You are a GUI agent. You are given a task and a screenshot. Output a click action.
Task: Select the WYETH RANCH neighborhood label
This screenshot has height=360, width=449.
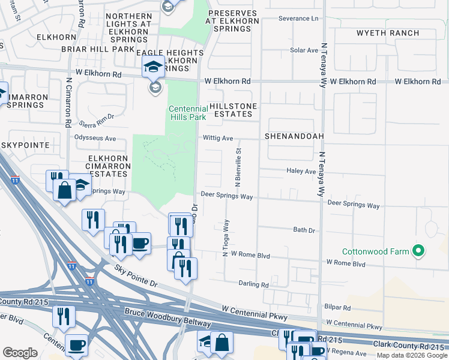pos(388,32)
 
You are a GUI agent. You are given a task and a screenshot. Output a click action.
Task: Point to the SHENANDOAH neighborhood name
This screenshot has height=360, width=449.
pos(294,136)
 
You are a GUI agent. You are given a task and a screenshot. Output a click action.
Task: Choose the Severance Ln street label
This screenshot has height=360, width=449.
pos(298,19)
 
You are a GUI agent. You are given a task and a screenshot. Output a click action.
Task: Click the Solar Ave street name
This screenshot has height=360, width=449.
pos(304,50)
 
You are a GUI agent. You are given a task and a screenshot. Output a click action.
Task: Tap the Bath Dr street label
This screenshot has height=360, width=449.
pos(304,230)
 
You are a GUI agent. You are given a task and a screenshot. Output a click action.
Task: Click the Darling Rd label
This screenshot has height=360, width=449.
pos(253,284)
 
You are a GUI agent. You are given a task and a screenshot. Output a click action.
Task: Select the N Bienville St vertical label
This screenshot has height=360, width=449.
pos(238,167)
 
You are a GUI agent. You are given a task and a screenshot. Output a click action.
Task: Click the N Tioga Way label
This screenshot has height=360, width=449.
pos(226,238)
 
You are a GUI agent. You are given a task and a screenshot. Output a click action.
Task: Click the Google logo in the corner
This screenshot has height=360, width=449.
pos(20,353)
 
